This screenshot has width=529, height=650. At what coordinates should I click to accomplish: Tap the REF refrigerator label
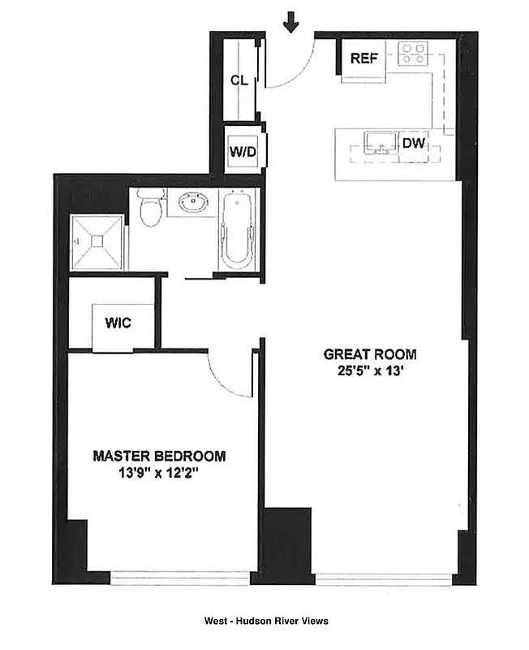pyautogui.click(x=362, y=58)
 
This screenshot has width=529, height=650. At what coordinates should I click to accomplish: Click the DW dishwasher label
pyautogui.click(x=414, y=144)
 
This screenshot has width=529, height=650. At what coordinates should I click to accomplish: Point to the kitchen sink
pyautogui.click(x=377, y=143)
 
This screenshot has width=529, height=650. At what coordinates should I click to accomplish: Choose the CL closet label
pyautogui.click(x=239, y=80)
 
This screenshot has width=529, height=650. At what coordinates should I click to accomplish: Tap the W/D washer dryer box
pyautogui.click(x=242, y=151)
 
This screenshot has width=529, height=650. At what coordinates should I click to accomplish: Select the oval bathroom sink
pyautogui.click(x=191, y=202)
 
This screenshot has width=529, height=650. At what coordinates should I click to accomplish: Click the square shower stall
pyautogui.click(x=97, y=241)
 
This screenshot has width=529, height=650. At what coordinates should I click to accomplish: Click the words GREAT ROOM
pyautogui.click(x=369, y=354)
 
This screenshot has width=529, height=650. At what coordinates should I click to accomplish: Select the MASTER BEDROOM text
pyautogui.click(x=159, y=456)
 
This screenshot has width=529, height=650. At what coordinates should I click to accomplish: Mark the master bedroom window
pyautogui.click(x=181, y=578)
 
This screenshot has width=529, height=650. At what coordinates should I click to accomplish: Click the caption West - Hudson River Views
pyautogui.click(x=265, y=622)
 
